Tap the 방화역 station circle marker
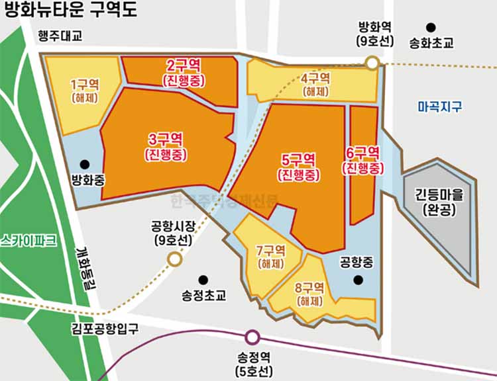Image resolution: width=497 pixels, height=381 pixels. (x=372, y=63)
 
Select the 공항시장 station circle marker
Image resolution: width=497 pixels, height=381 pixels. (x=174, y=259)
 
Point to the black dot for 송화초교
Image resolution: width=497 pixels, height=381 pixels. (x=431, y=28)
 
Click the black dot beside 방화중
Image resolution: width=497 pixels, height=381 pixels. (x=84, y=164)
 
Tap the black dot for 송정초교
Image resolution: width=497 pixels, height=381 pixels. (x=203, y=280)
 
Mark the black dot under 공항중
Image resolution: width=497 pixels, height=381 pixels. (x=358, y=280)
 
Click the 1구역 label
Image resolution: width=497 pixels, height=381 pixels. (x=84, y=85)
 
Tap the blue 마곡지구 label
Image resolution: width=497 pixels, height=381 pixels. (x=440, y=106)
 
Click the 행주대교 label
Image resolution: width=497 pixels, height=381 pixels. (x=60, y=37)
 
